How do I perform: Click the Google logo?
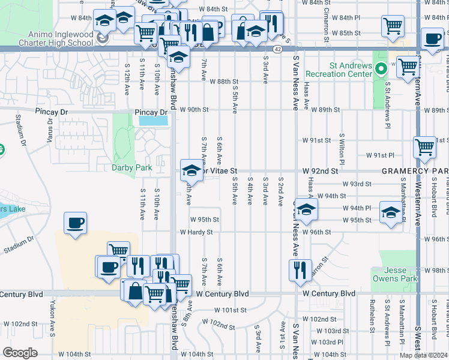(20, 352)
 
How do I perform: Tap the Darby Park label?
(131, 168)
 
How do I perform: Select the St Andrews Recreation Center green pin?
(381, 68)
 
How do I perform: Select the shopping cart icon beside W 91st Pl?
(424, 147)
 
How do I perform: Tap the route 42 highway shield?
(277, 49)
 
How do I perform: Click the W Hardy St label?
(196, 232)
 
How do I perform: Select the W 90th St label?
(193, 110)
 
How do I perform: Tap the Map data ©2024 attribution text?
(424, 355)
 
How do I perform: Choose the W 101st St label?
(231, 310)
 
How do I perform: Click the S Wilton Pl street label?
(342, 149)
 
